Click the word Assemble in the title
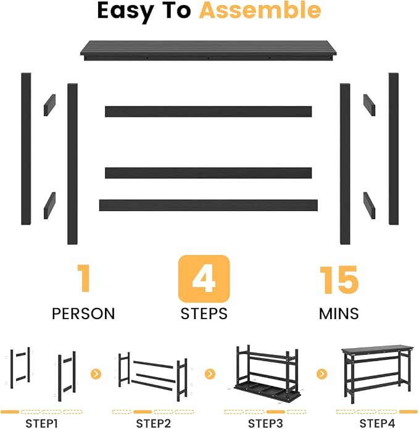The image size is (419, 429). (260, 10)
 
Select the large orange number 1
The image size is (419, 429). (84, 278)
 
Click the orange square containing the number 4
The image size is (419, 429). (204, 279)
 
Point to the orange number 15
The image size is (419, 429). (339, 280)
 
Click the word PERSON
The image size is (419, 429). (83, 314)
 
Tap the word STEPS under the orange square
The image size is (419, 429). (204, 314)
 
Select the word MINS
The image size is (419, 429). (339, 314)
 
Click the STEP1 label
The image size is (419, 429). (41, 423)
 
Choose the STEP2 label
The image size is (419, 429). (154, 423)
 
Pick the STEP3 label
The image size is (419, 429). (265, 423)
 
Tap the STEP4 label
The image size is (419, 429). (378, 423)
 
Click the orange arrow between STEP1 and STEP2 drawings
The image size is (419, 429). (96, 373)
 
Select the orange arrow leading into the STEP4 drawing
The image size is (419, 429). (322, 373)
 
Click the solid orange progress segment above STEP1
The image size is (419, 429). (10, 412)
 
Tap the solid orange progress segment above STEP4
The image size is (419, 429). (409, 412)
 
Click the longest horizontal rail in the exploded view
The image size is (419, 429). (209, 205)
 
